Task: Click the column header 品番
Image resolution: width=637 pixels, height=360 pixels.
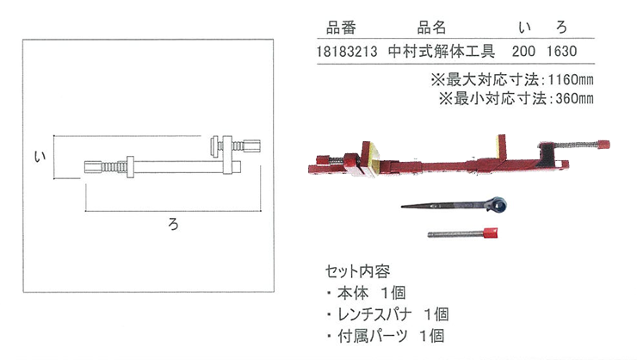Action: tap(341, 28)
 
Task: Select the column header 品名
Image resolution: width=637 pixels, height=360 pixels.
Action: tap(431, 28)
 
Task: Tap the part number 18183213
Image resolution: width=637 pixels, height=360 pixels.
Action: tap(347, 52)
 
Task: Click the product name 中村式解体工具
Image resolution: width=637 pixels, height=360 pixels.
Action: tap(442, 51)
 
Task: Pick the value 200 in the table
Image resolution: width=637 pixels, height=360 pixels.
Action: tap(523, 52)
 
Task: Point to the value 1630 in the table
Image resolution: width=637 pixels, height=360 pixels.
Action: tap(561, 52)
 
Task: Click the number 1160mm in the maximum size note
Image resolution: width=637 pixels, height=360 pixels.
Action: tap(571, 79)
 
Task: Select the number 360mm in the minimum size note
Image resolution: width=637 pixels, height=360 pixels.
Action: tap(574, 98)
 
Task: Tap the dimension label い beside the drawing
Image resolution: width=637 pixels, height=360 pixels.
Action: tap(40, 157)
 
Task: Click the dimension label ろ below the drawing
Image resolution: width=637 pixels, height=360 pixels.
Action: tap(174, 224)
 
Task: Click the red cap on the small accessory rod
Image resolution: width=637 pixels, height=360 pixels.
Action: tap(490, 233)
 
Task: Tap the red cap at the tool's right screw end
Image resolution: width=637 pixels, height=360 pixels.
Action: tap(603, 145)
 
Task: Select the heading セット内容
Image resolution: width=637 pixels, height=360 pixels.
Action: tap(357, 271)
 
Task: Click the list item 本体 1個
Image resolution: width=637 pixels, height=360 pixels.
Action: tap(371, 293)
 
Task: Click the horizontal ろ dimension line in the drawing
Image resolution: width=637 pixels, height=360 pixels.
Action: tap(173, 211)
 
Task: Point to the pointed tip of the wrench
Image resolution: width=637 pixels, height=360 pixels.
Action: tap(402, 207)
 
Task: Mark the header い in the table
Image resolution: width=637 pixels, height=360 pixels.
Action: tap(524, 28)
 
